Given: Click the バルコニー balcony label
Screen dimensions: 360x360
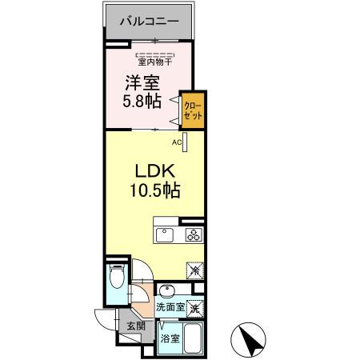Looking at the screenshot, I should coord(148,21).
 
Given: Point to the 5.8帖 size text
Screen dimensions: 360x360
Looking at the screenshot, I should coord(142,102).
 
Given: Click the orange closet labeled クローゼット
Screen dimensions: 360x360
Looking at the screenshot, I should coord(192,110).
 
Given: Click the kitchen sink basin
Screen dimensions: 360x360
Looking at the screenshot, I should coord(164,235).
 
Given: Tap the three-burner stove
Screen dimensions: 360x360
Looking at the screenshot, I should coord(194,235).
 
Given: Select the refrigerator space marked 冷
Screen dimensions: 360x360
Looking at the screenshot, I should coord(195,270).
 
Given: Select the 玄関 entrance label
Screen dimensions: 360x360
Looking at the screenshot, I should coord(135,326).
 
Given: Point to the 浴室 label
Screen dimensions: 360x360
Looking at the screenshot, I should coord(169,339).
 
